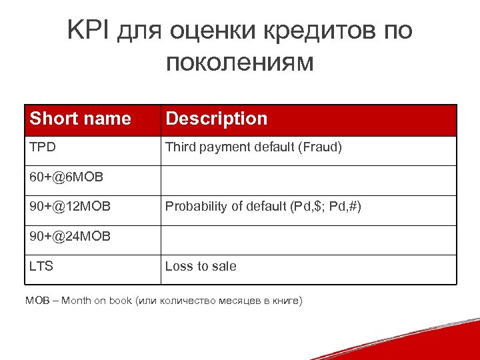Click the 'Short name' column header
[81, 119]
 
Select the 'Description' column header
[216, 119]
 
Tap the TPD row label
[42, 147]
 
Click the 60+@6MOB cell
[65, 178]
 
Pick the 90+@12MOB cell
[70, 207]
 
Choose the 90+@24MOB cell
[70, 237]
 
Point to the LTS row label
[41, 267]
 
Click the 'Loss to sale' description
[201, 267]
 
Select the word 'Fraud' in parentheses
[321, 147]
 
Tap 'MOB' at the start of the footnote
[37, 301]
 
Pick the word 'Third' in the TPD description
[180, 147]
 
